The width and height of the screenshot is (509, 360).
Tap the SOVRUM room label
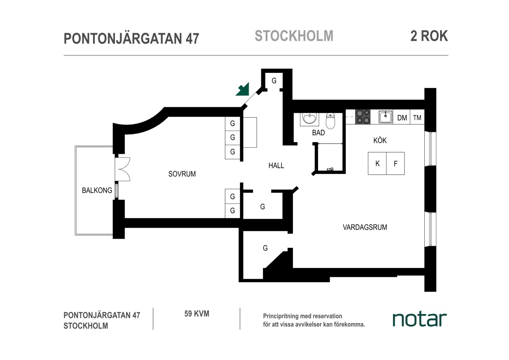point(182,174)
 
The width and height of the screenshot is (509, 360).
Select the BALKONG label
point(97,190)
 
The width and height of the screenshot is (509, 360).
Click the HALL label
point(276,166)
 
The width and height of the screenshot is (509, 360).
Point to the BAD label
point(318,133)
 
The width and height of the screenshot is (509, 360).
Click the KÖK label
point(380,140)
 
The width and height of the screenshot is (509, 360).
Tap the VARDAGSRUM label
point(365,227)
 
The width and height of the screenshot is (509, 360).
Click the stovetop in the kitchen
point(363,117)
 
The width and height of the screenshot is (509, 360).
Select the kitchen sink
point(386,117)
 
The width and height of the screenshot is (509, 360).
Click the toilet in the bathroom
point(330,121)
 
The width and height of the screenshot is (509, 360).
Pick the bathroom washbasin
point(309,119)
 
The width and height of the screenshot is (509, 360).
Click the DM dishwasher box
point(402,117)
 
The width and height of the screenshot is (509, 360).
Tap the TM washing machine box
point(417,117)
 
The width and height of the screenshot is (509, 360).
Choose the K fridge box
point(377,164)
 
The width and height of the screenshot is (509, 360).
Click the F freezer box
point(395,164)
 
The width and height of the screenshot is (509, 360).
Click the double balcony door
point(123,169)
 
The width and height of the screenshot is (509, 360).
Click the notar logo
point(420,319)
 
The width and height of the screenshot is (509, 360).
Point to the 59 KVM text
point(197,314)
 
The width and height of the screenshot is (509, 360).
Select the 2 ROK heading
point(429,36)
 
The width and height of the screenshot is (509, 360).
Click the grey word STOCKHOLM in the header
point(294,36)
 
